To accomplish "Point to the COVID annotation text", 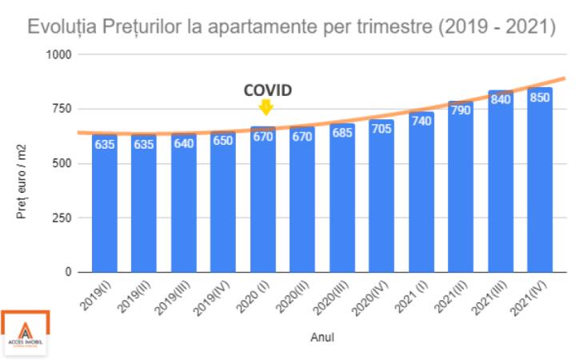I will (267, 90).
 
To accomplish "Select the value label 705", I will (381, 127).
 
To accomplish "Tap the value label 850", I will (540, 98).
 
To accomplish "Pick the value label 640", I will (184, 143).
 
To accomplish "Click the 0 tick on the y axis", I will (70, 273).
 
